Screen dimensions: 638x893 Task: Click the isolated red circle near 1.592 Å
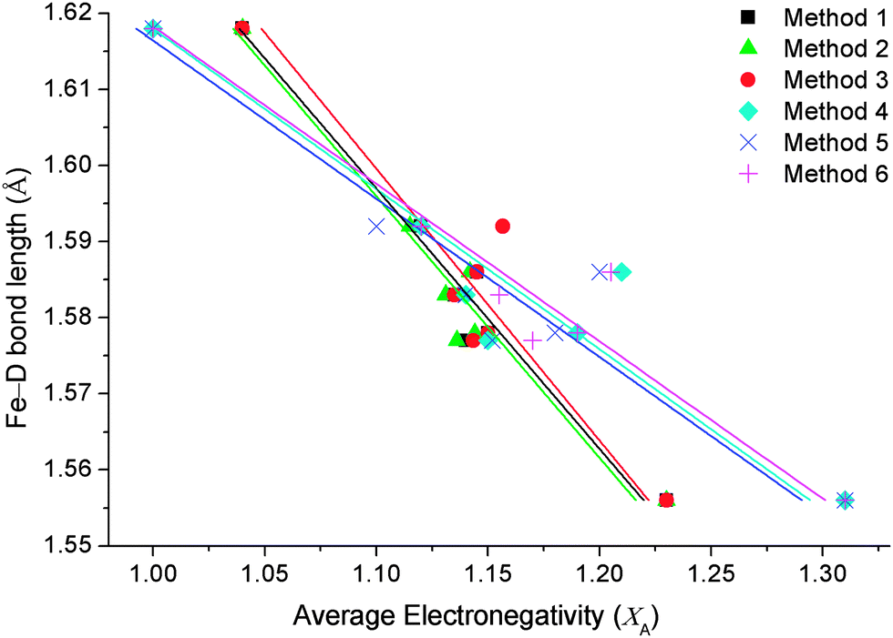(x=502, y=226)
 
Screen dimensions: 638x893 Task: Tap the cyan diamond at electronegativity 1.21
(x=621, y=271)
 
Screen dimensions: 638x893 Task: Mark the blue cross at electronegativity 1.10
(x=376, y=226)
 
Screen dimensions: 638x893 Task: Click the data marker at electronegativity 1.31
(x=845, y=500)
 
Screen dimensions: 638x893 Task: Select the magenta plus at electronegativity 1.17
(x=532, y=339)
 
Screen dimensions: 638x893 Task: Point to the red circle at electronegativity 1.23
(x=666, y=500)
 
